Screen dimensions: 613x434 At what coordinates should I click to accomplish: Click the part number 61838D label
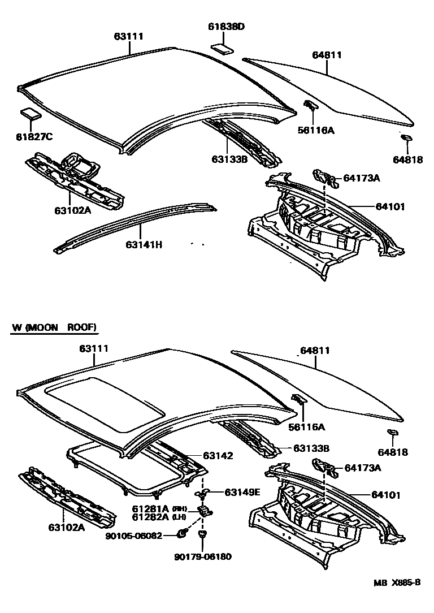coord(225,27)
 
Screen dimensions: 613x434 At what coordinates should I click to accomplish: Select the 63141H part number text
coord(144,244)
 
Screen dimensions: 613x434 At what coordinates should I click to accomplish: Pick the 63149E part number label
coord(242,491)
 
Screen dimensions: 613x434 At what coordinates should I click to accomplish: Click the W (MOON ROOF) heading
coord(54,327)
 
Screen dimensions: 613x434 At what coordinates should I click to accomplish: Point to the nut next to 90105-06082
coord(183,533)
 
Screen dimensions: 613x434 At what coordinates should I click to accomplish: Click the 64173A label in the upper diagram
coord(362,178)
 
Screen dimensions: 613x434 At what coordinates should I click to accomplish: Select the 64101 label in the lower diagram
coord(386,495)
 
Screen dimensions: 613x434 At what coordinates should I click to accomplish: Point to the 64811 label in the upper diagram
coord(327,55)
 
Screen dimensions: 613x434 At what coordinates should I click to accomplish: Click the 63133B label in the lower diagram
coord(311,448)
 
